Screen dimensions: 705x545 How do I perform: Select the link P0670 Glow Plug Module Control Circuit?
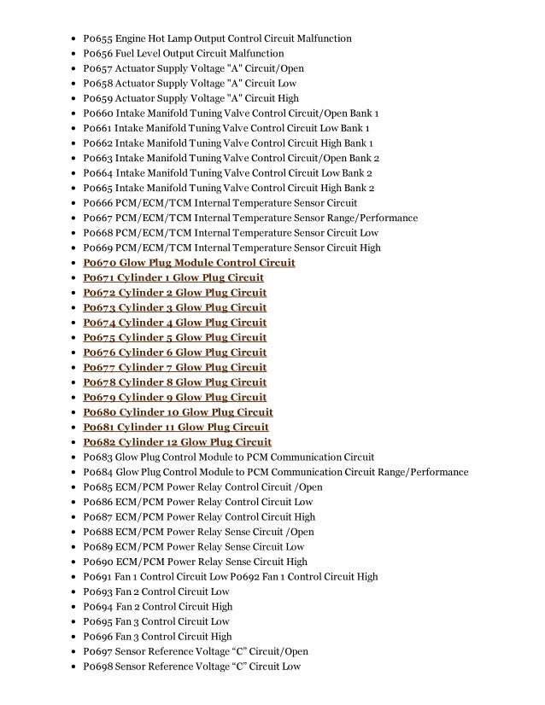(x=189, y=263)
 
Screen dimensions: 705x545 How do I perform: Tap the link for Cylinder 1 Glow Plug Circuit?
(x=173, y=277)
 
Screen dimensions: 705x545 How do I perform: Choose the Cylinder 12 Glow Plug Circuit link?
(x=177, y=442)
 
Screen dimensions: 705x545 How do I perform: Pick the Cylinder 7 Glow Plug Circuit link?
(x=174, y=367)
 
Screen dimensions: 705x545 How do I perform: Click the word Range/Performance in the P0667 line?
(x=378, y=218)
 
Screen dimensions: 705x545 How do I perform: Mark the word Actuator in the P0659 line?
(x=136, y=98)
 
